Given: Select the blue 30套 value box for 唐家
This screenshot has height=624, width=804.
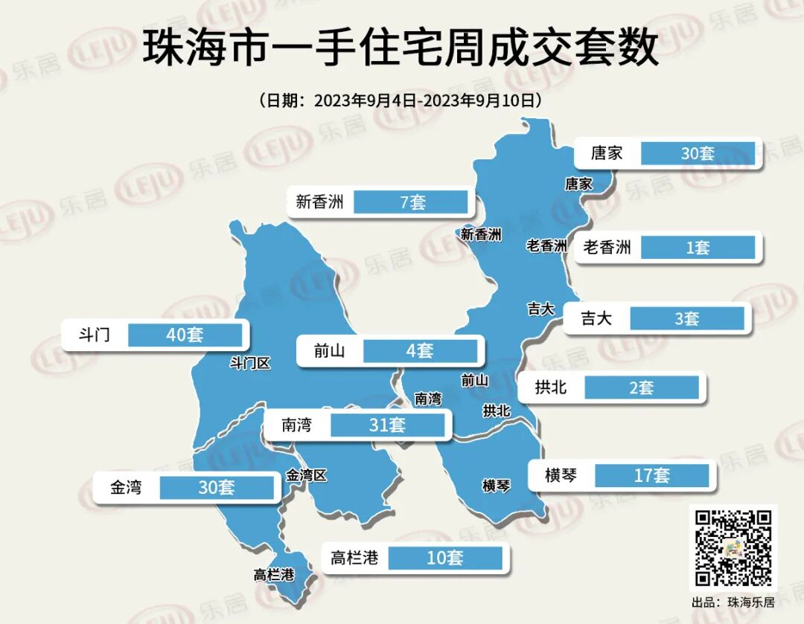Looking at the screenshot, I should click(697, 153).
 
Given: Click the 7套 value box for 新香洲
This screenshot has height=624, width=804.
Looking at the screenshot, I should click(411, 202).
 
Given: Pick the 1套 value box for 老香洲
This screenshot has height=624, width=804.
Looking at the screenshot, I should click(697, 248).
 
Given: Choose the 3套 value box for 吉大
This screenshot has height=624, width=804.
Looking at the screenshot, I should click(686, 318).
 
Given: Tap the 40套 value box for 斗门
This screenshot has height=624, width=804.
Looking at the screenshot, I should click(185, 335).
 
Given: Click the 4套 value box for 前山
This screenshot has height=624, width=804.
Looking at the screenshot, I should click(420, 350).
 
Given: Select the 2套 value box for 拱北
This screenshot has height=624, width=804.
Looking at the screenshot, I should click(641, 387).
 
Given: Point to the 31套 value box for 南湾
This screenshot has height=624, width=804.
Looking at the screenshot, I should click(387, 425).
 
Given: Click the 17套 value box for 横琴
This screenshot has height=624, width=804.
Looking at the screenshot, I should click(651, 475).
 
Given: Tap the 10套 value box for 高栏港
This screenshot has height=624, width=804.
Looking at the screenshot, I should click(445, 557).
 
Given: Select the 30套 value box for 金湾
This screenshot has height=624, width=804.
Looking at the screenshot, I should click(217, 487).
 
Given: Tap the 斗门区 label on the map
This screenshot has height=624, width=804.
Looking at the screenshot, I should click(249, 363).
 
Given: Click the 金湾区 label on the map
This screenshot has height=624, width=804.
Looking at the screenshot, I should click(306, 475).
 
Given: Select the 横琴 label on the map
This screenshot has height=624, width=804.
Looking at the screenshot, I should click(497, 486).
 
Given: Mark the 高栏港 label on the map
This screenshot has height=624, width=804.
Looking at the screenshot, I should click(273, 575).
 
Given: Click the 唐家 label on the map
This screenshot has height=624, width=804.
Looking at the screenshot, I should click(578, 183).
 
